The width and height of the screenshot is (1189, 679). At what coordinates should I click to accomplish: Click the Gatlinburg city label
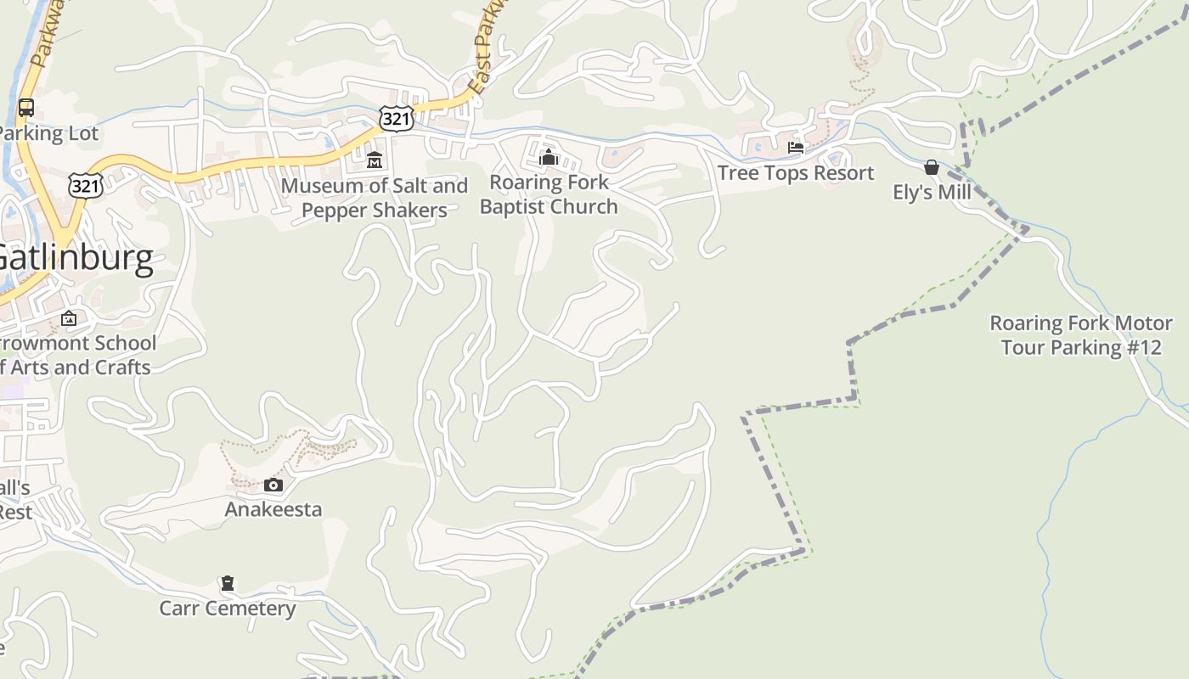tap(76, 258)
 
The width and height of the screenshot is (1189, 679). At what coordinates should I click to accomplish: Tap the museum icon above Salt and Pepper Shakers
tap(375, 160)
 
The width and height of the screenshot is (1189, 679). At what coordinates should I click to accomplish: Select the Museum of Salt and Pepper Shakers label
tap(375, 198)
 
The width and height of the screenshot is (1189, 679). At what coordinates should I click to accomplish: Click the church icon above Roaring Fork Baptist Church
tap(549, 157)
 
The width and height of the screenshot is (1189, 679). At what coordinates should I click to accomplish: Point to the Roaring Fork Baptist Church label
tap(549, 194)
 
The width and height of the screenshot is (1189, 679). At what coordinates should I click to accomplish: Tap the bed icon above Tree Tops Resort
tap(796, 148)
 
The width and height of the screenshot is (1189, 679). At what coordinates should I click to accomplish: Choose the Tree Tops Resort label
tap(796, 173)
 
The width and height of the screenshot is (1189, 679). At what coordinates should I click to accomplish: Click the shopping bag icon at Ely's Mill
tap(932, 167)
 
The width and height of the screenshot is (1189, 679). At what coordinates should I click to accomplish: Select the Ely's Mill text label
tap(932, 193)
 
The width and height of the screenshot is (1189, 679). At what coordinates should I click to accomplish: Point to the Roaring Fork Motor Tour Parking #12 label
tap(1081, 335)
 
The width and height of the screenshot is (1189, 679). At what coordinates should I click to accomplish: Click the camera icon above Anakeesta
tap(273, 485)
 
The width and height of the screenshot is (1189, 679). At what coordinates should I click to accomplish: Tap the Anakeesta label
tap(273, 509)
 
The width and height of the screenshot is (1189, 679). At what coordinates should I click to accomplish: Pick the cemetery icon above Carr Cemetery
tap(228, 584)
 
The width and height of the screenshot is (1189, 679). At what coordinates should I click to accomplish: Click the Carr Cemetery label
tap(228, 609)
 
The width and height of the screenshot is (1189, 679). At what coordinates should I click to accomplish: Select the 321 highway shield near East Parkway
tap(397, 119)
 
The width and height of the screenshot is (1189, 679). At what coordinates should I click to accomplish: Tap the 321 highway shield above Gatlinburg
tap(86, 186)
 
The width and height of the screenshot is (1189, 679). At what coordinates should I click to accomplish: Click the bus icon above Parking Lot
tap(26, 108)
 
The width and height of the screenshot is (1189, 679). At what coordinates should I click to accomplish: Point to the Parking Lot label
tap(49, 133)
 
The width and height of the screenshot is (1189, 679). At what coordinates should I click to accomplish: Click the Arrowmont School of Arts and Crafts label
tap(76, 356)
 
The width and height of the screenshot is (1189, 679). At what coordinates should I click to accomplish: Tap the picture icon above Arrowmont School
tap(69, 319)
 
